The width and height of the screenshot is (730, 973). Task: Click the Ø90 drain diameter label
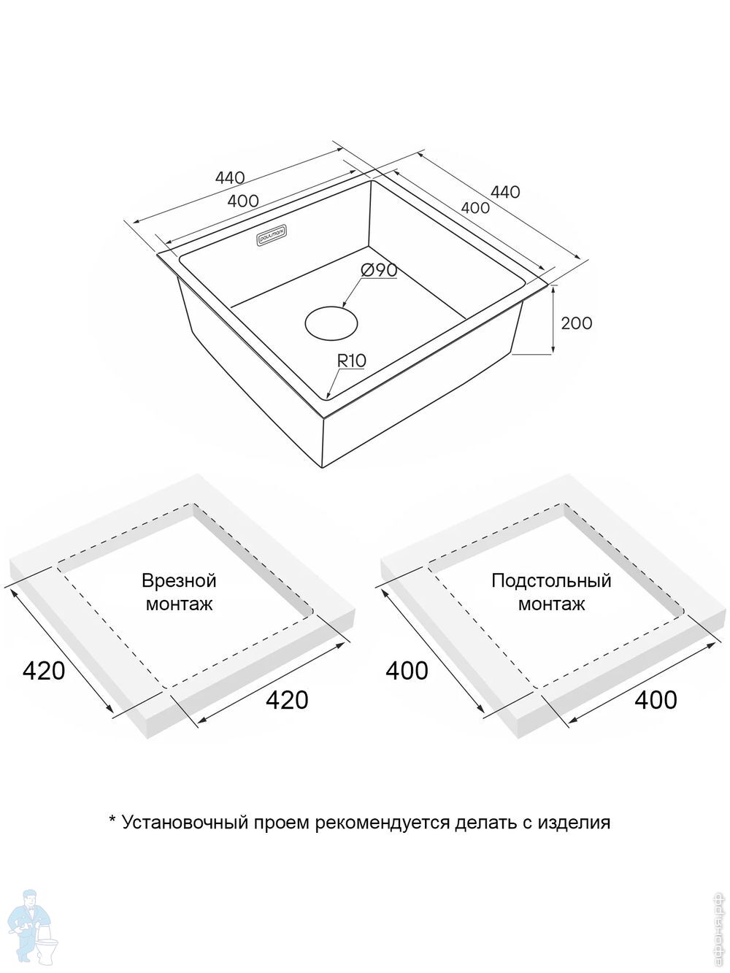(379, 270)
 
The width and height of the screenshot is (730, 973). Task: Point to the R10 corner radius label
(351, 360)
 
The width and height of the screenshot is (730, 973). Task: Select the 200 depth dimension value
(576, 323)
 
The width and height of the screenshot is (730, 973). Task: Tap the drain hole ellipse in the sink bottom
(331, 323)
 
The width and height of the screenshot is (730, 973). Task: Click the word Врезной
(180, 581)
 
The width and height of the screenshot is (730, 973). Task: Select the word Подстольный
(551, 581)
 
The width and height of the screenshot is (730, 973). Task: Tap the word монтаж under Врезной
(180, 604)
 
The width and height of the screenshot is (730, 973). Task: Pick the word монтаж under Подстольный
(551, 604)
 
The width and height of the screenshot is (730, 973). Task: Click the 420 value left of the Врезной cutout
(44, 670)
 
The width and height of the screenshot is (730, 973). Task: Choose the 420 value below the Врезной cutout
(286, 700)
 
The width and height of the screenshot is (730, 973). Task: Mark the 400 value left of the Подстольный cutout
(407, 670)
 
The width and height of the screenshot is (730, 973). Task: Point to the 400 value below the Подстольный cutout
(656, 700)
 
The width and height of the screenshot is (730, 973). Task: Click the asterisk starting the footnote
(112, 821)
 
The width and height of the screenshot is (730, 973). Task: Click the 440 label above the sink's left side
(230, 177)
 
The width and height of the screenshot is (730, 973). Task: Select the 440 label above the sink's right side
(505, 192)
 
